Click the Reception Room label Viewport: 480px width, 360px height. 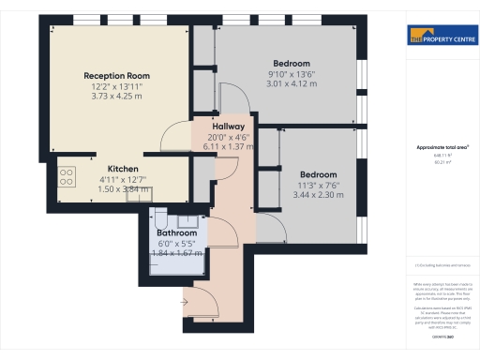(117, 75)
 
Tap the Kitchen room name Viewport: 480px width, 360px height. (123, 170)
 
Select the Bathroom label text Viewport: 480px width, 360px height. (176, 232)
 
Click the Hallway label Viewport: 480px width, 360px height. (229, 127)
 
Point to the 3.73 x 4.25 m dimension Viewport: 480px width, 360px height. (117, 96)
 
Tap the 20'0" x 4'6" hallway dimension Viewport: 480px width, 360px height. (229, 137)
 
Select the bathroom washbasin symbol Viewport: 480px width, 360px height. (187, 221)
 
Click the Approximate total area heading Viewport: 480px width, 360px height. (442, 148)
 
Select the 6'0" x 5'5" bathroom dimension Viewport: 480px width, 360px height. (176, 243)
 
